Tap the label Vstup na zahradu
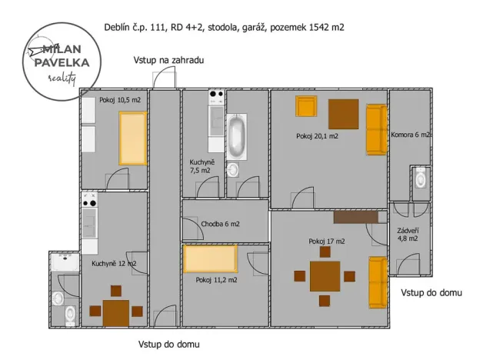coord(168,59)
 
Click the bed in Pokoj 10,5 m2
coord(132,138)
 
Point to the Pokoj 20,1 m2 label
coord(318,136)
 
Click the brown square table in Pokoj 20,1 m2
coord(343,114)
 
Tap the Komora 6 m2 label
coord(410,135)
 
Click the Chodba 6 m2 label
coord(220,225)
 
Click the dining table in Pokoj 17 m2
coord(325,276)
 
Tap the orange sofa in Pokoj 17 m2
coord(377,280)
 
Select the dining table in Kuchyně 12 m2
coord(116,312)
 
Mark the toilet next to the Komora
coord(419,180)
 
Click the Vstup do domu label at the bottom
coord(168,344)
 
